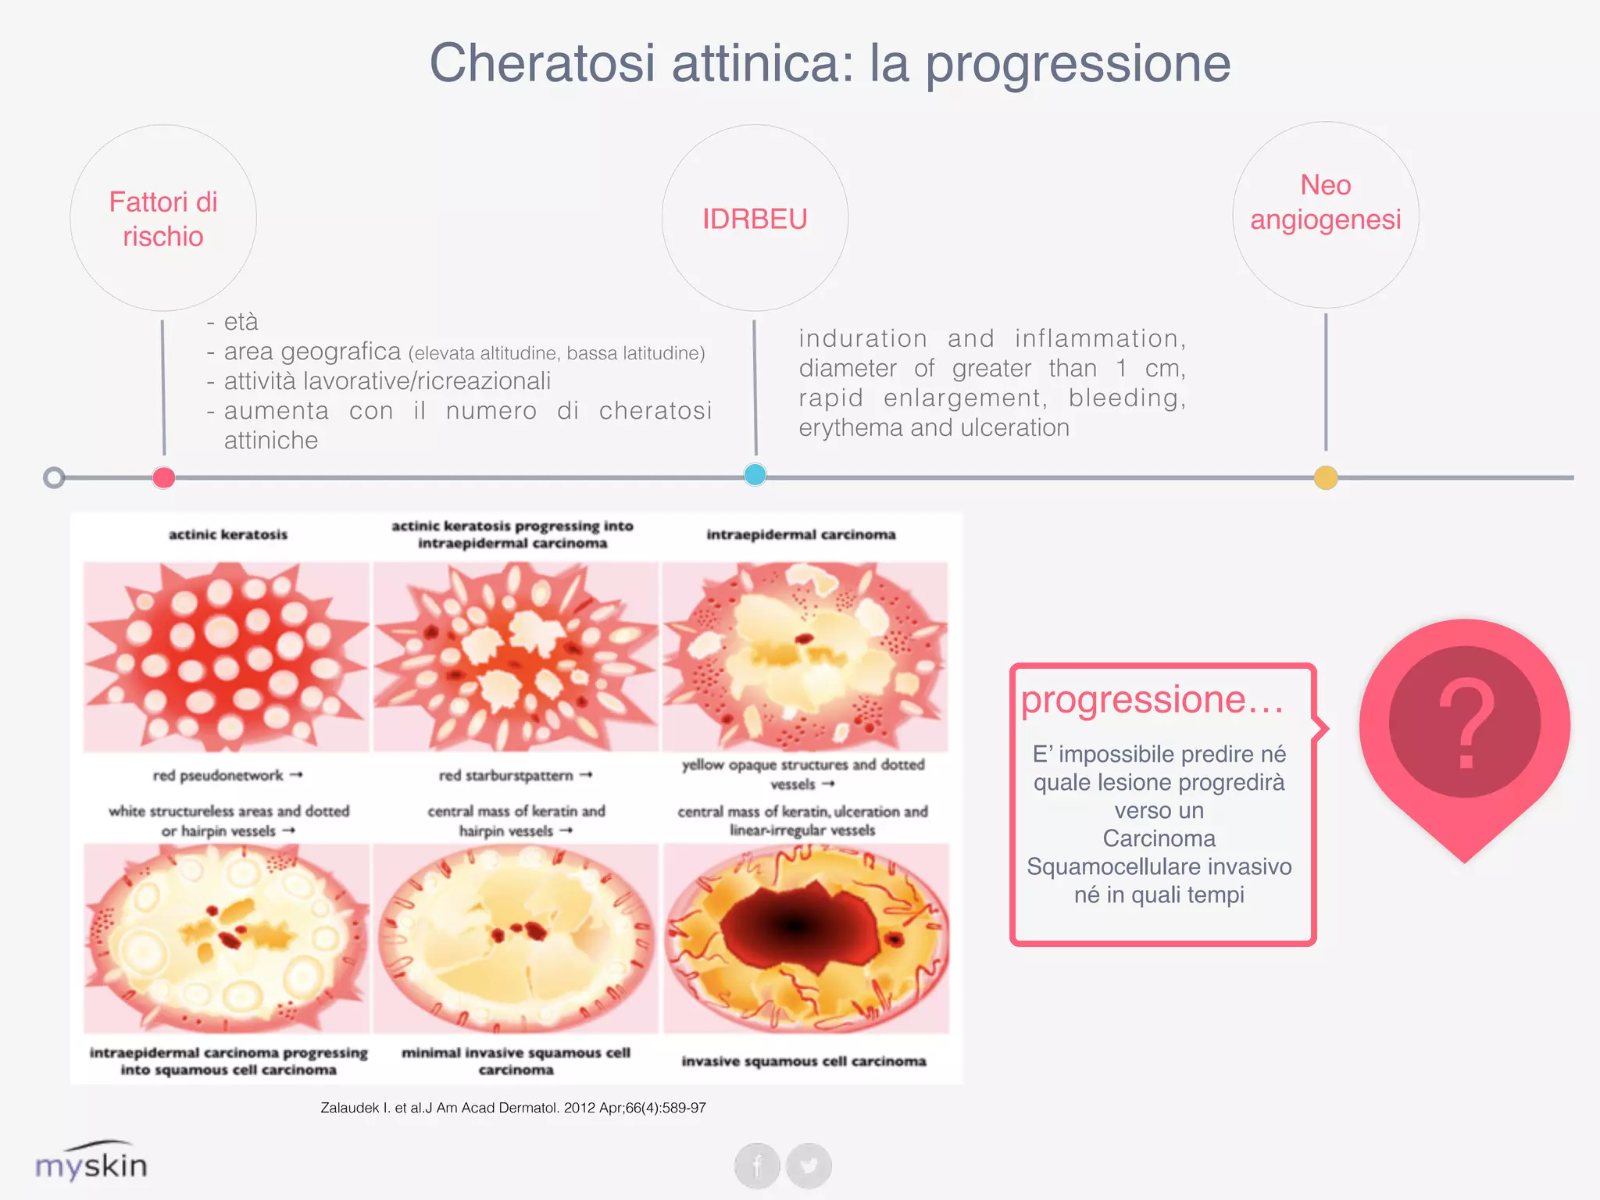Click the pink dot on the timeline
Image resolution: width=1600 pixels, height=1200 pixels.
(163, 477)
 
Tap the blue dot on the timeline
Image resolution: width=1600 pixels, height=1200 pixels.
(755, 474)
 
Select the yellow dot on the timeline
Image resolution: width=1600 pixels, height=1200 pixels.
(1326, 477)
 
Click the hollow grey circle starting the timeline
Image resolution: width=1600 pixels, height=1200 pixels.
(54, 477)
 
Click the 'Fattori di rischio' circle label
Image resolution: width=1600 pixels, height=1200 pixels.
(163, 219)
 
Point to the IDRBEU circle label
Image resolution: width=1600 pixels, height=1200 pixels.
(755, 219)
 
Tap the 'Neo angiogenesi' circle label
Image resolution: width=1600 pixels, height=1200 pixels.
(1326, 202)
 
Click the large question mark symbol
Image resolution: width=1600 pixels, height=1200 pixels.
(1466, 723)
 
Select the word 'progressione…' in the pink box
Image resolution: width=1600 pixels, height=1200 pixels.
(1152, 699)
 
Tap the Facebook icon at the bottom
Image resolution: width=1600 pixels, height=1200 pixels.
(757, 1166)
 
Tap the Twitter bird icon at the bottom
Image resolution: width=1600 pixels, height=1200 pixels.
(809, 1166)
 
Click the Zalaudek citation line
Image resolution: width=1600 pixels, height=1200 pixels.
(512, 1108)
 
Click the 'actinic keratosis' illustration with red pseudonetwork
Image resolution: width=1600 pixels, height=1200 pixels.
(227, 656)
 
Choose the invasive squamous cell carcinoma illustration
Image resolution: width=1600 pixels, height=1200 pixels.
(805, 937)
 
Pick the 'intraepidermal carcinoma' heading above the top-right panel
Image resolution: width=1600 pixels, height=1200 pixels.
(801, 534)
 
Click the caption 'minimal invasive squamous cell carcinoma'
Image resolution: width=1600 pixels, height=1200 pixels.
(516, 1061)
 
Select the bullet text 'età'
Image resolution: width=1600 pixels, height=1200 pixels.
(241, 322)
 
